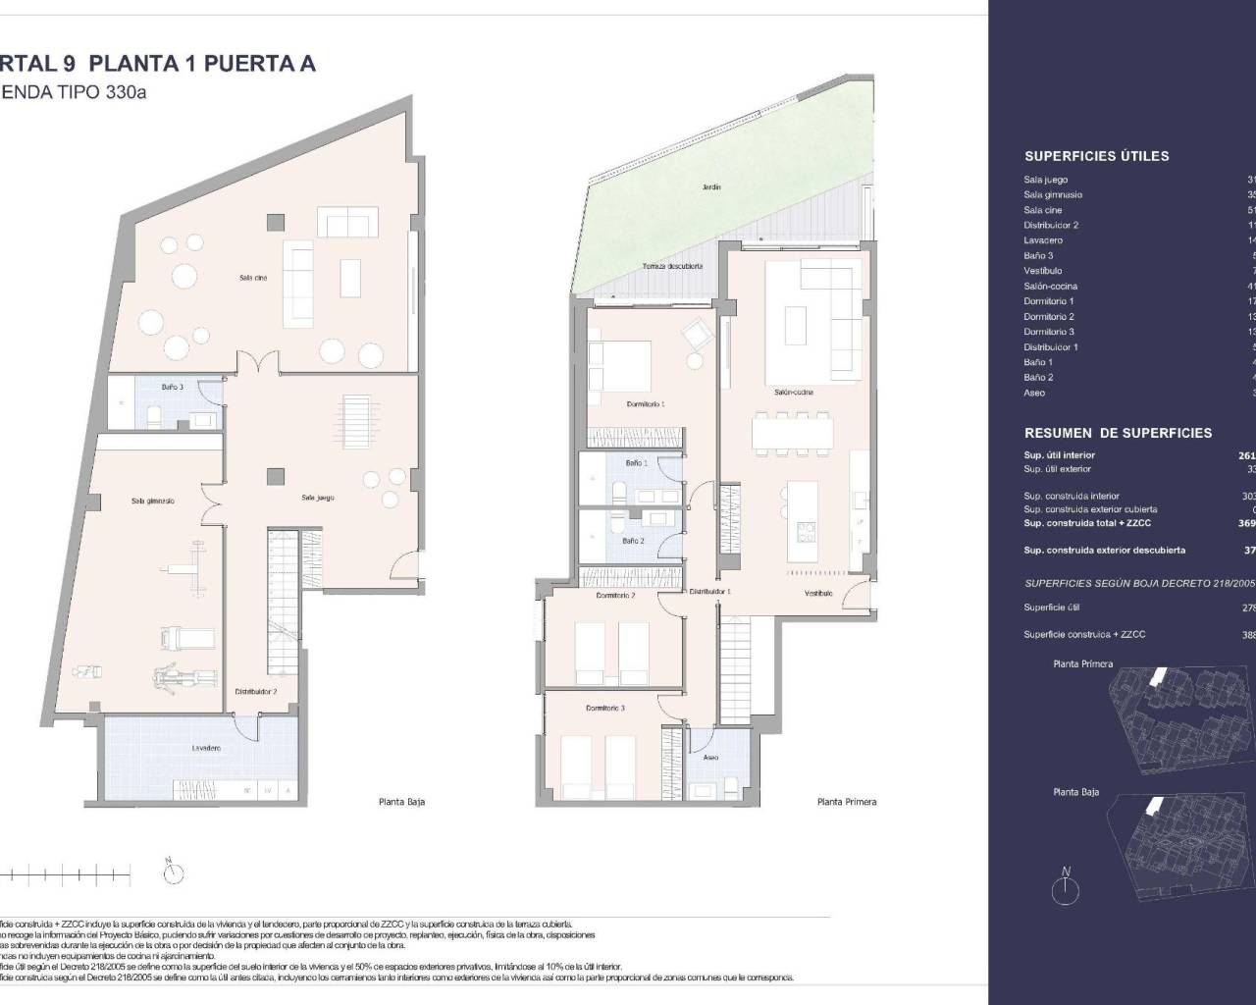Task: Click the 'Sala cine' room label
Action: click(x=253, y=278)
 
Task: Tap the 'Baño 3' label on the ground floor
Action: click(x=173, y=388)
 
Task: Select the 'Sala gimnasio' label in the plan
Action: click(x=152, y=501)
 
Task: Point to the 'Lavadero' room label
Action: click(x=206, y=748)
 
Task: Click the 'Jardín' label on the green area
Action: click(x=711, y=186)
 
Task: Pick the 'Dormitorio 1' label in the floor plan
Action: click(x=646, y=404)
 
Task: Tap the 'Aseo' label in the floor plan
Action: click(x=711, y=758)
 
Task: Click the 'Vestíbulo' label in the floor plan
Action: click(x=818, y=593)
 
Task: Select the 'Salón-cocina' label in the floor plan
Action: click(x=793, y=393)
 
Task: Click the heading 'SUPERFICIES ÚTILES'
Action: click(x=1096, y=156)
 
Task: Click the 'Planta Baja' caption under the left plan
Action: click(x=401, y=802)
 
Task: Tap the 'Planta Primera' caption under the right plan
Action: click(x=846, y=802)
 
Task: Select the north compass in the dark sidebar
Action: click(x=1065, y=886)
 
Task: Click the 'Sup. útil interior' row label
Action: click(x=1059, y=455)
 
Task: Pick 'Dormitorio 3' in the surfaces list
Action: click(x=1048, y=332)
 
